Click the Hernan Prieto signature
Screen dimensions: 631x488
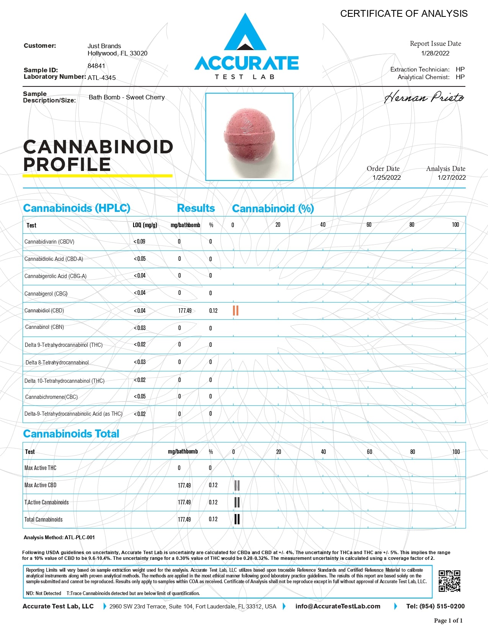click(x=424, y=98)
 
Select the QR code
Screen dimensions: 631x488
click(x=449, y=581)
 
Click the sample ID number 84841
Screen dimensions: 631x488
click(x=96, y=66)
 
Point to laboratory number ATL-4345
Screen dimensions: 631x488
click(x=102, y=78)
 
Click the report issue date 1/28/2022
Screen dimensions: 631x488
click(x=435, y=53)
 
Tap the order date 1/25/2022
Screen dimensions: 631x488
click(x=387, y=177)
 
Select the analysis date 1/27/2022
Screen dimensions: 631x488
click(x=452, y=177)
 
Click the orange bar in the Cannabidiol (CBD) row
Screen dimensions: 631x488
click(x=236, y=311)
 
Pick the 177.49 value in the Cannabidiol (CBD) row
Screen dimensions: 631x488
click(x=185, y=311)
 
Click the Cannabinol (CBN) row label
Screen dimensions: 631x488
click(x=44, y=327)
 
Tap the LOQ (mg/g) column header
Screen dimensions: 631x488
click(x=145, y=225)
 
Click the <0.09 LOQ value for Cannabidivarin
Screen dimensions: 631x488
click(x=139, y=242)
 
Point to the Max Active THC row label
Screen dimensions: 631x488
click(x=40, y=468)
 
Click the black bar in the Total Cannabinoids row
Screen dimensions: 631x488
click(x=237, y=519)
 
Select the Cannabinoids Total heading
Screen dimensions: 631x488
click(x=71, y=434)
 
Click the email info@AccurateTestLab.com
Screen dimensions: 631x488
click(x=338, y=606)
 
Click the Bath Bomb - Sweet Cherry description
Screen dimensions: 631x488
click(x=127, y=97)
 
